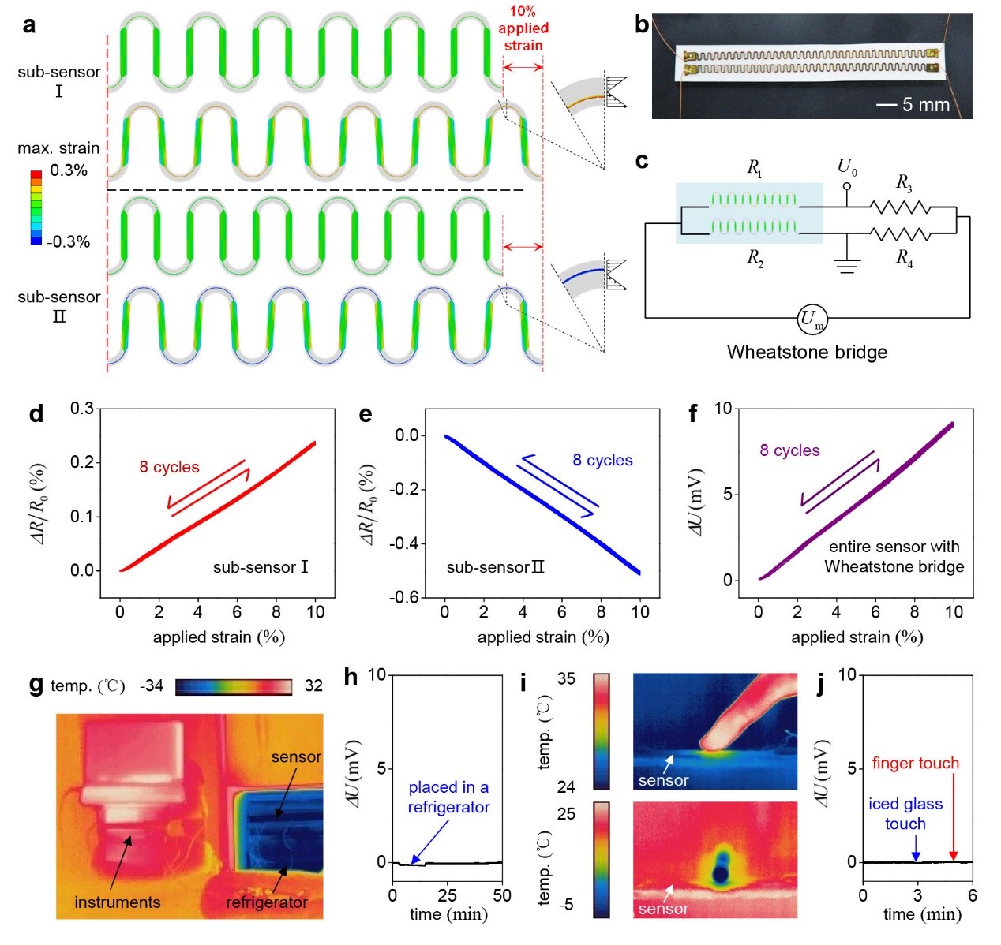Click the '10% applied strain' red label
pos(523,28)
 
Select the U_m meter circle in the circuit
pos(812,319)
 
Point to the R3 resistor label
pos(904,182)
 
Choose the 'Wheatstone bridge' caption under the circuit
pos(807,352)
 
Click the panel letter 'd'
pos(36,414)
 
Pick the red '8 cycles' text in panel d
pos(169,467)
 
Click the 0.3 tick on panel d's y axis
pos(81,408)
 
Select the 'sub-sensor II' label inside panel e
pos(495,567)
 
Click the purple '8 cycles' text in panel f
pos(789,450)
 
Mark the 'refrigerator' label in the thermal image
pos(267,902)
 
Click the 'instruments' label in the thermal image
pos(117,902)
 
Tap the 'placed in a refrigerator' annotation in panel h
pos(448,797)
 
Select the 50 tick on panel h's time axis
pos(502,895)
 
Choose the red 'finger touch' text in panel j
pos(915,763)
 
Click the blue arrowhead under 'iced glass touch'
pos(916,857)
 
